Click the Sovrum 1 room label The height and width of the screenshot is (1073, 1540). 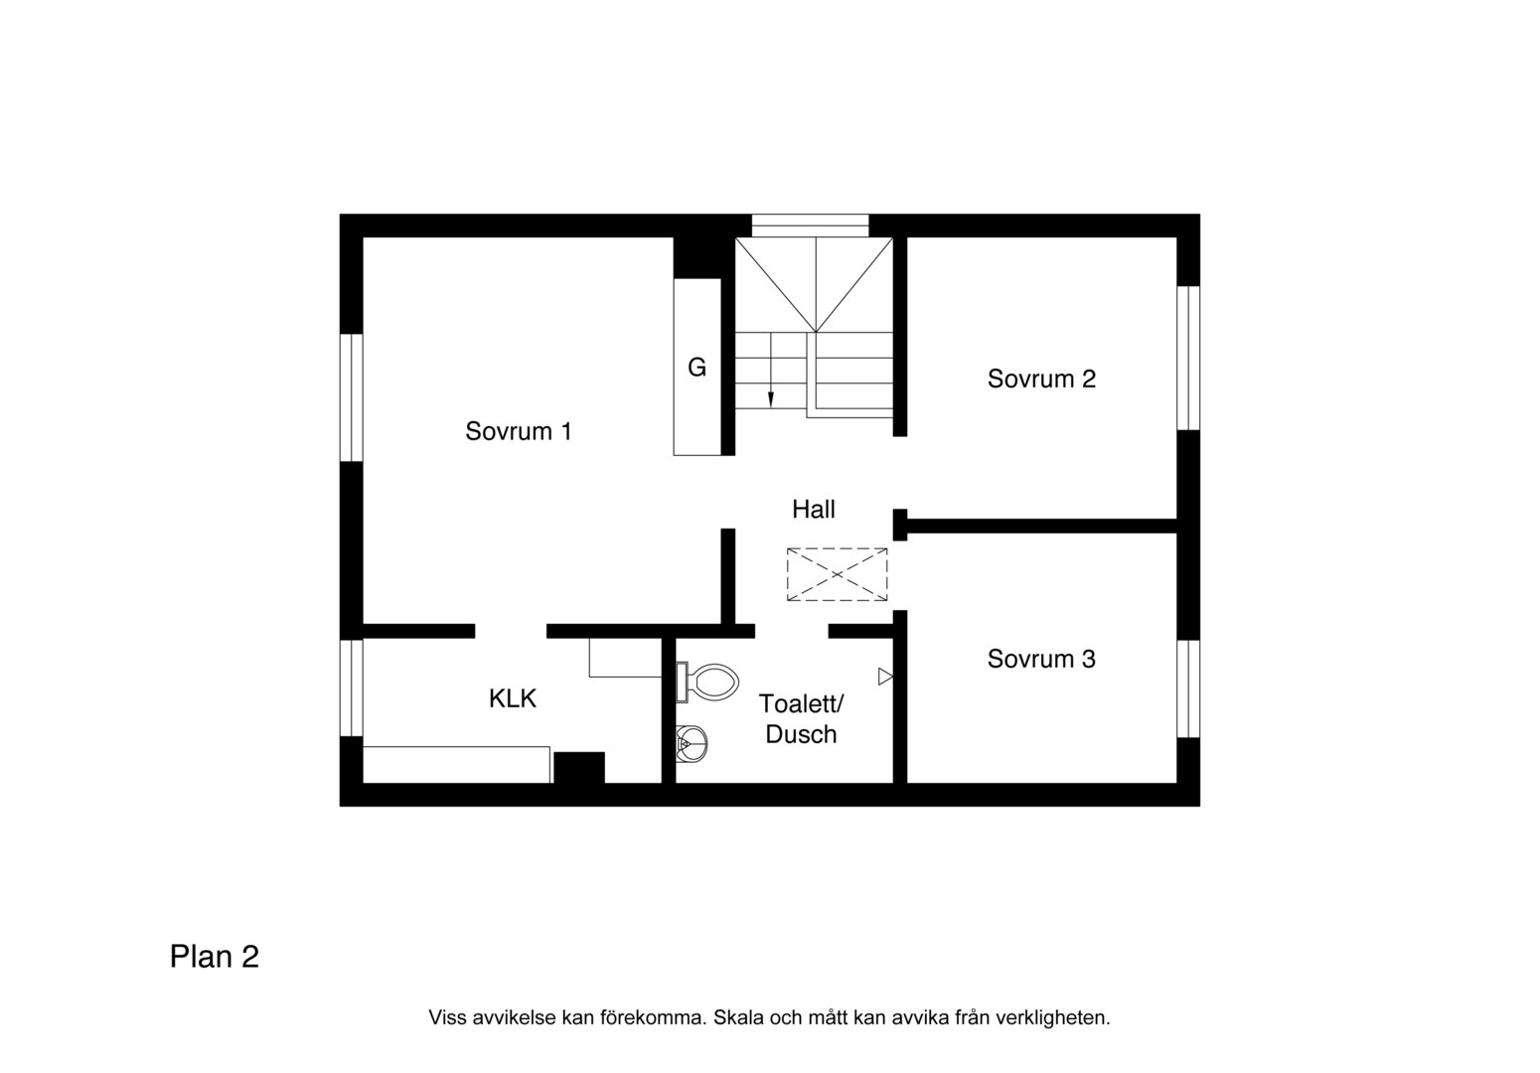tap(519, 431)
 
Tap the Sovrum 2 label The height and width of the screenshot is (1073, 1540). tap(1041, 379)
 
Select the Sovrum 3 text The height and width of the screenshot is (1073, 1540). tap(1041, 659)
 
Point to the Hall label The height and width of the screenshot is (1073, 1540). tap(814, 510)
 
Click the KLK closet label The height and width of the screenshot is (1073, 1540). tap(513, 699)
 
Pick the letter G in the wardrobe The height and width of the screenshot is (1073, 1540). tap(697, 368)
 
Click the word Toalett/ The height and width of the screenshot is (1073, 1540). tap(801, 703)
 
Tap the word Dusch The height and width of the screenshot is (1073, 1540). tap(801, 735)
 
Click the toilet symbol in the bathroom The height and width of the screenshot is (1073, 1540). tap(707, 683)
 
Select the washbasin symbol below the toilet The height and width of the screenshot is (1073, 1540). tap(692, 744)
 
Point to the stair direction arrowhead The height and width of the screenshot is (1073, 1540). tap(771, 399)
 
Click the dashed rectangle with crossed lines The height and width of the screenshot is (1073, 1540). tap(838, 574)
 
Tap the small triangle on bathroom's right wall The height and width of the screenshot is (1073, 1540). tap(885, 677)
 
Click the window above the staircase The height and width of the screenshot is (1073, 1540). tap(810, 226)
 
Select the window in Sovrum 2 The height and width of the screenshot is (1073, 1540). tap(1188, 358)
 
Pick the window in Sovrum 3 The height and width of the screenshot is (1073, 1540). tap(1188, 689)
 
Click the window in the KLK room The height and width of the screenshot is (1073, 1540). tap(352, 688)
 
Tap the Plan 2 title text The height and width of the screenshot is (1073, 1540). tap(215, 957)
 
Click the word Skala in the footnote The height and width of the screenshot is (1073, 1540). tap(738, 1017)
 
